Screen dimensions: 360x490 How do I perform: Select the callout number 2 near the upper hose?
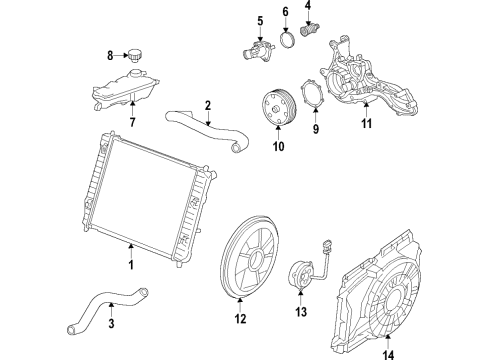[x=207, y=105]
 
